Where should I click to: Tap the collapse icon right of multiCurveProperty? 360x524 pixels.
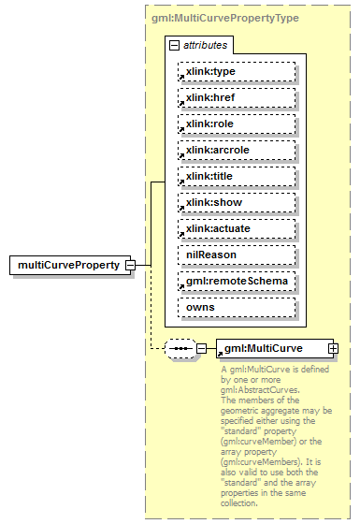coord(131,265)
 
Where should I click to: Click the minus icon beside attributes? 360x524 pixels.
coord(173,44)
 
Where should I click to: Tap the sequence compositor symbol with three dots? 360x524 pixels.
coord(180,348)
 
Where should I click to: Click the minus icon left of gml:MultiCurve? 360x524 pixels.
coord(200,348)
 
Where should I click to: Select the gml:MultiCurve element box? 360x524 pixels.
coord(271,348)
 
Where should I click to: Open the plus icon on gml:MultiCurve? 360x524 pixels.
coord(333,348)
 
